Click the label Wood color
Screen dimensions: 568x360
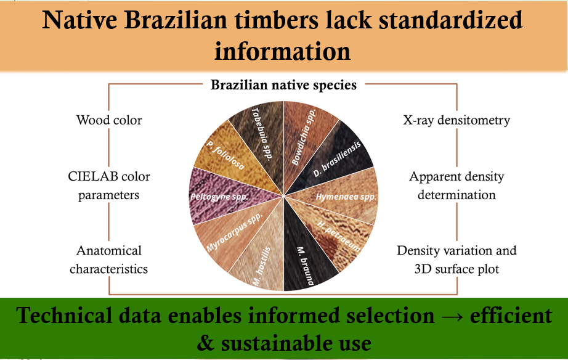click(x=109, y=120)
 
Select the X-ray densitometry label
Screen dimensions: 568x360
click(x=456, y=120)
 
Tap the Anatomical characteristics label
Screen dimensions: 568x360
click(x=108, y=260)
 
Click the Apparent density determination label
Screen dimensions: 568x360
click(x=456, y=186)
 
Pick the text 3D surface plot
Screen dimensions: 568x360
click(x=456, y=269)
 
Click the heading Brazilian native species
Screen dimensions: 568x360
click(x=283, y=85)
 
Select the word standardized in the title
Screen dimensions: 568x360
click(x=450, y=20)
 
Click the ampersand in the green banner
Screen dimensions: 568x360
click(x=206, y=343)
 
